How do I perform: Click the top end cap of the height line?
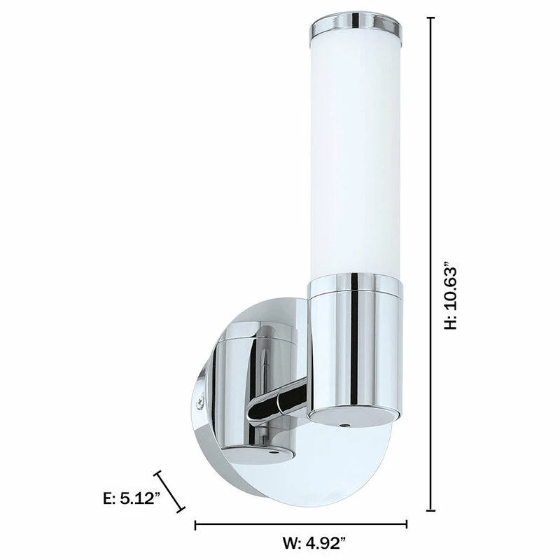tap(430, 19)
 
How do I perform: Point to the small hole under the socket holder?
tap(343, 425)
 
